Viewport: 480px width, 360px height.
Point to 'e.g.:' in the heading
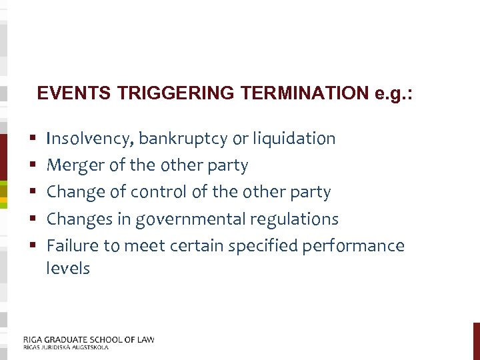(x=394, y=93)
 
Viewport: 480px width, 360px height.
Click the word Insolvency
(x=90, y=139)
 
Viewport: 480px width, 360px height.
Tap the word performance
(x=353, y=245)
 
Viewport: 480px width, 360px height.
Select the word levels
(x=67, y=268)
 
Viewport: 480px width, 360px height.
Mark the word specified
(x=263, y=245)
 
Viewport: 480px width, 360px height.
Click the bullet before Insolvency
(x=33, y=139)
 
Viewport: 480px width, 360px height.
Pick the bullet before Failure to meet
(x=33, y=246)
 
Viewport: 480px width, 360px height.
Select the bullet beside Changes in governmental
(x=33, y=219)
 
